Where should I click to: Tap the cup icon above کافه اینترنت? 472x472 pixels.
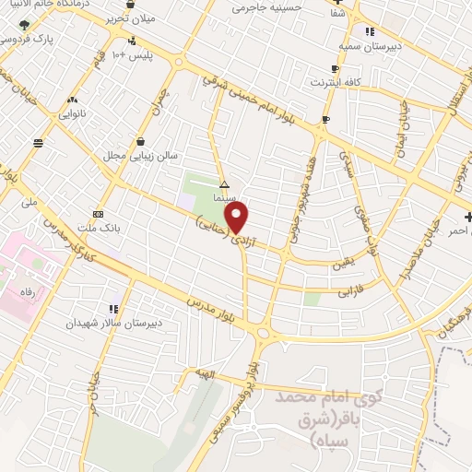coord(335,69)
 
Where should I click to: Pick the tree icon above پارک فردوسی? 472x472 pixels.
coord(24,25)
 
